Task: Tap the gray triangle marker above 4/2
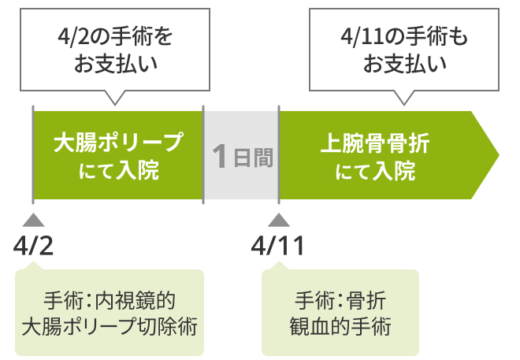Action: [33, 220]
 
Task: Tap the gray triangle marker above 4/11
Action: [278, 220]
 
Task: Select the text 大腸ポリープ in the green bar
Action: [118, 143]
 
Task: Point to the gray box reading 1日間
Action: [241, 156]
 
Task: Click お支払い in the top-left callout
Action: [116, 64]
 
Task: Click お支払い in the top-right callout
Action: [405, 64]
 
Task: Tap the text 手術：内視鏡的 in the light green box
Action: [109, 300]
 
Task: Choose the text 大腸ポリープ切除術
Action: [109, 325]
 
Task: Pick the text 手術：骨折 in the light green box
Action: [340, 300]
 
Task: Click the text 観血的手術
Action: [340, 325]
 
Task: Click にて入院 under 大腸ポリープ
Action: [118, 170]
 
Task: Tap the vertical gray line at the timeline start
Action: [33, 154]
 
